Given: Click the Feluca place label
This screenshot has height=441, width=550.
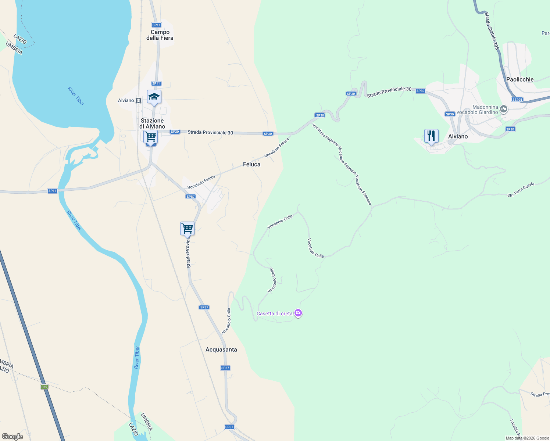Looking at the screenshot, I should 251,164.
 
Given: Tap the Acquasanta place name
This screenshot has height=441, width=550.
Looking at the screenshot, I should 221,349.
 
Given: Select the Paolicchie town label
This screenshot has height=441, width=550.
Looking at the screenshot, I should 519,79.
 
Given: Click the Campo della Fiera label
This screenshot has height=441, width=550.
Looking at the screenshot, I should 160,35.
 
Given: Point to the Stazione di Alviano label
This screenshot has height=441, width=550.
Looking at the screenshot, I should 152,123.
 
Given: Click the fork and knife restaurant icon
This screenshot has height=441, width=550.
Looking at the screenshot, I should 431,136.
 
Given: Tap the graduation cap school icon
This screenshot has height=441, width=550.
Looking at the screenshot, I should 154,97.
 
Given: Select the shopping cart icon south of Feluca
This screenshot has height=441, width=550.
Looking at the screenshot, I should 187,228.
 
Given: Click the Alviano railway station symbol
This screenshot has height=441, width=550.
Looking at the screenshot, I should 139,100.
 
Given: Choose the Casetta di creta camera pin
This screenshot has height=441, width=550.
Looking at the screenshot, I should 298,313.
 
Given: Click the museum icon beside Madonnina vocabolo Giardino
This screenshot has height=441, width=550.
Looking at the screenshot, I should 504,109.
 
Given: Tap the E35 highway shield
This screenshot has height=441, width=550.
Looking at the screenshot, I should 44,387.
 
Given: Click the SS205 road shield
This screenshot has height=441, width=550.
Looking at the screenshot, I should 517,100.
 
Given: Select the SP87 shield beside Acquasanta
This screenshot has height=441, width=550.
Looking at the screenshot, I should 225,368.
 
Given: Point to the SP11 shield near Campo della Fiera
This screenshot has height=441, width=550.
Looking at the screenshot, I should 156,25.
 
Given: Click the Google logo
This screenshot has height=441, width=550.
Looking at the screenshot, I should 12,437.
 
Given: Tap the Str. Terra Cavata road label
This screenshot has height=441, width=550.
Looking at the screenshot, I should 521,190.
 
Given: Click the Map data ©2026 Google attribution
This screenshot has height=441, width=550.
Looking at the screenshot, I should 527,438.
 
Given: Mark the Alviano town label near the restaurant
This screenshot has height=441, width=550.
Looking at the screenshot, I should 458,136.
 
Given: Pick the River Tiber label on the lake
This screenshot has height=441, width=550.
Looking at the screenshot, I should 76,96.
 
